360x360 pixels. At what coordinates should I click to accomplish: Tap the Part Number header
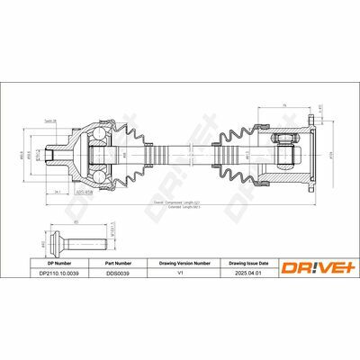pos(119,264)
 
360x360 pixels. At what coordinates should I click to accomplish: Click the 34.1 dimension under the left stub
pos(57,192)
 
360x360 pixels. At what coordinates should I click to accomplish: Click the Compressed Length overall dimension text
pos(180,202)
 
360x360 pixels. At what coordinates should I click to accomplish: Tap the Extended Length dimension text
pos(180,209)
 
